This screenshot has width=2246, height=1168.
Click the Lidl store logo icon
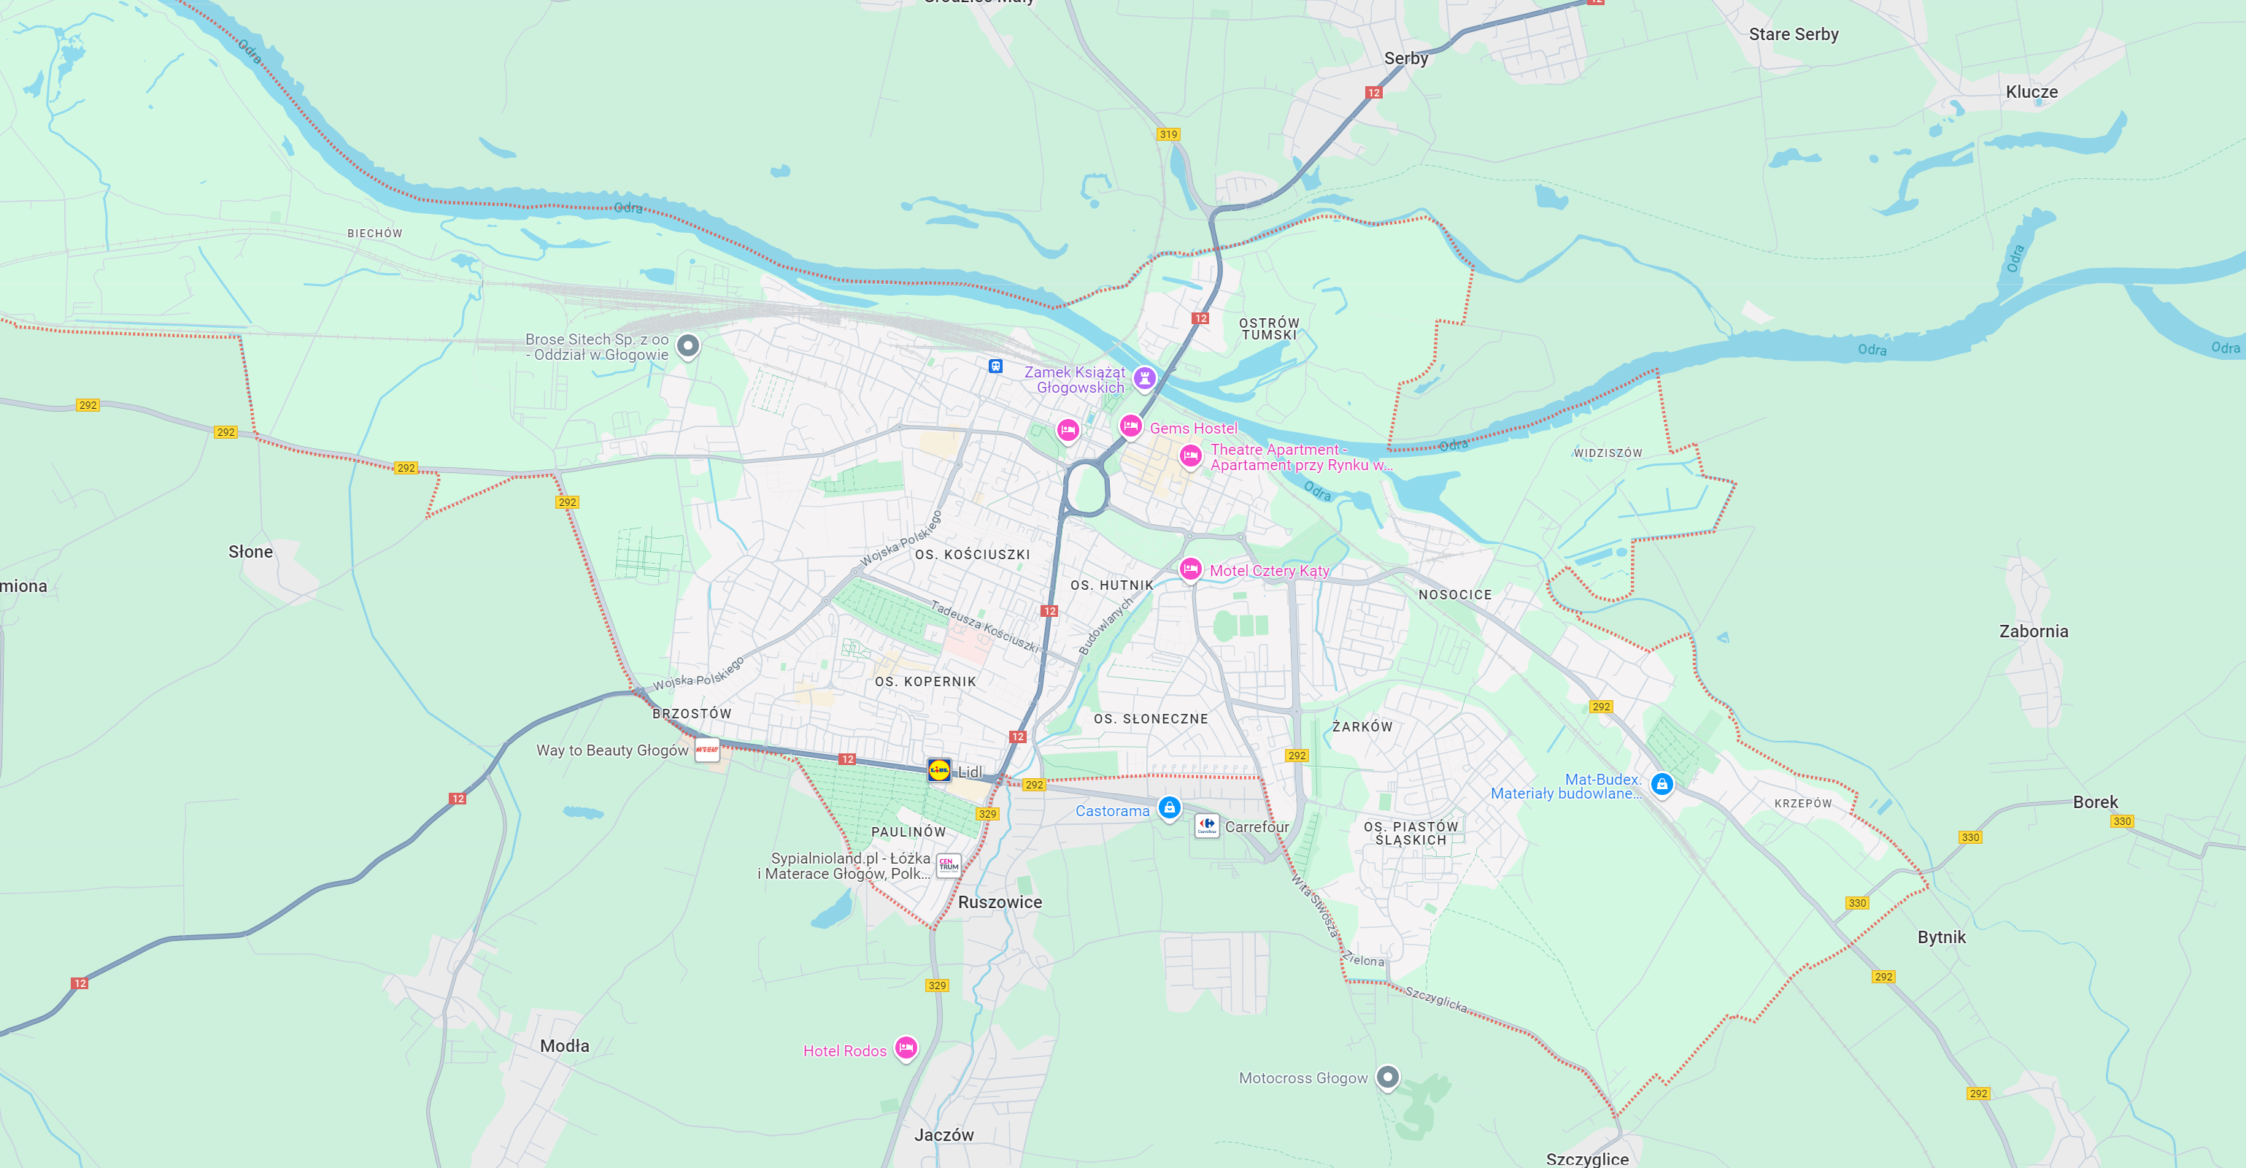939,769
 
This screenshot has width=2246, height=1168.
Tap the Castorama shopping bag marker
1169,807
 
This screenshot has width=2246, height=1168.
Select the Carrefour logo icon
1207,824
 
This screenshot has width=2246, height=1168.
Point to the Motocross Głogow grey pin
1387,1077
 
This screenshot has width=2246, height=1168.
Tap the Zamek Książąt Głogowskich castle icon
1145,377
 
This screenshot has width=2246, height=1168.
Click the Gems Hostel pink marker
1131,426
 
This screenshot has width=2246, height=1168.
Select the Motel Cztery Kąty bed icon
1190,569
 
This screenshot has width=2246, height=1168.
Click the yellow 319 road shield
1168,134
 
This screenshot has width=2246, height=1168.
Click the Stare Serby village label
1794,34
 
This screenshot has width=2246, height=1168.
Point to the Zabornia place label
2033,631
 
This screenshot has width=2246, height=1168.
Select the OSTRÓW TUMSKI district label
1270,328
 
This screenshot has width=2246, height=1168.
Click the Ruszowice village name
1000,902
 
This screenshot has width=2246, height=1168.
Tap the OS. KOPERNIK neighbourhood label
925,681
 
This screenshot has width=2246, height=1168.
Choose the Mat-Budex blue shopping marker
1662,783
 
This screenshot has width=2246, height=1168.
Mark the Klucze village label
2031,91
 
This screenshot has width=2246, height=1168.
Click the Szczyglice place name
1587,1159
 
